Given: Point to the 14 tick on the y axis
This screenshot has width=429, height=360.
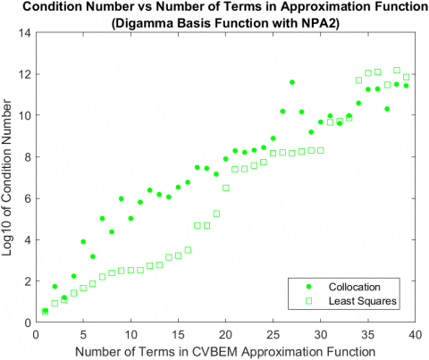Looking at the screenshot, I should pyautogui.click(x=24, y=33).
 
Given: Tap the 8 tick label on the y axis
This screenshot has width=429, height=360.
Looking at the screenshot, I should pyautogui.click(x=27, y=156).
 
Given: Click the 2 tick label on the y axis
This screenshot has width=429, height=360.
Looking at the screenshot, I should pyautogui.click(x=27, y=280).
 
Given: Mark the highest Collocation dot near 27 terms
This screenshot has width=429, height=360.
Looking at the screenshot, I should pyautogui.click(x=292, y=82).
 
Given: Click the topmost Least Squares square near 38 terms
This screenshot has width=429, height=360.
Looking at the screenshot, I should pyautogui.click(x=397, y=70).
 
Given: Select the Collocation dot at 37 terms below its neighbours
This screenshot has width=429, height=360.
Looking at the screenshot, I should pyautogui.click(x=387, y=109).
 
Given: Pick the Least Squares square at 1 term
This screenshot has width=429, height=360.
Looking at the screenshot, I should pyautogui.click(x=46, y=312).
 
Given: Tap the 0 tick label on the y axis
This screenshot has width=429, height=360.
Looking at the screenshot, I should pyautogui.click(x=27, y=322).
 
